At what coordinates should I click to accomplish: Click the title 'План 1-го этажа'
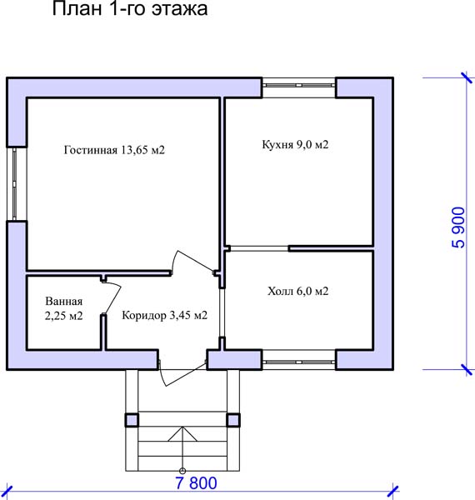point(130,8)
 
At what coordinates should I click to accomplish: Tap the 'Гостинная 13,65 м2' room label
point(114,150)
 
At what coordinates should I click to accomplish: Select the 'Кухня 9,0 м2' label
point(295,144)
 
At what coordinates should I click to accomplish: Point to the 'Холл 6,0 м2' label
point(297,291)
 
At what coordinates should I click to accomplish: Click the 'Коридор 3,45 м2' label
point(164,315)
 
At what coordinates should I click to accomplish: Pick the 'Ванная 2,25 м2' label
point(64,308)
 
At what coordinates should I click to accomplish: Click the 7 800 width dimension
point(196,482)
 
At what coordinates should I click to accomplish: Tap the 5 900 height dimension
point(458,227)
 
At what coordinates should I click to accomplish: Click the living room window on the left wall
point(15,184)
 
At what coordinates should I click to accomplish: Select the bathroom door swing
point(112,297)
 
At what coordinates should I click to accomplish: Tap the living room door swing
point(192,262)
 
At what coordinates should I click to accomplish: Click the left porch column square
point(132,420)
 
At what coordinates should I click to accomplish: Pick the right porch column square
point(233,420)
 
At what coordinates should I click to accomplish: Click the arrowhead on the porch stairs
point(182,433)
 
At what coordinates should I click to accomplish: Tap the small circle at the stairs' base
point(182,471)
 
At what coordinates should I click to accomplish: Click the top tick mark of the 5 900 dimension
point(467,78)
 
